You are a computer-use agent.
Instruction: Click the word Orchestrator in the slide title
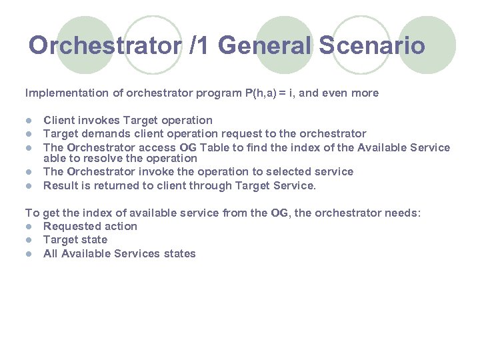(x=105, y=45)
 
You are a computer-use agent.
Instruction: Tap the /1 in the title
(x=198, y=45)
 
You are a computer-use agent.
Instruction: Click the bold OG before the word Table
(x=187, y=147)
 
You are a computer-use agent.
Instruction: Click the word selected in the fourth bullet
(x=287, y=172)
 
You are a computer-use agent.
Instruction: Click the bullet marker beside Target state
(x=29, y=240)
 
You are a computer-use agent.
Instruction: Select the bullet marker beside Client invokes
(x=29, y=121)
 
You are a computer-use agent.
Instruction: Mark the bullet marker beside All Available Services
(x=29, y=254)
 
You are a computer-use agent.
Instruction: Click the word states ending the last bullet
(x=179, y=254)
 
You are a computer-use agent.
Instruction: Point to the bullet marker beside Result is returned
(x=29, y=185)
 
